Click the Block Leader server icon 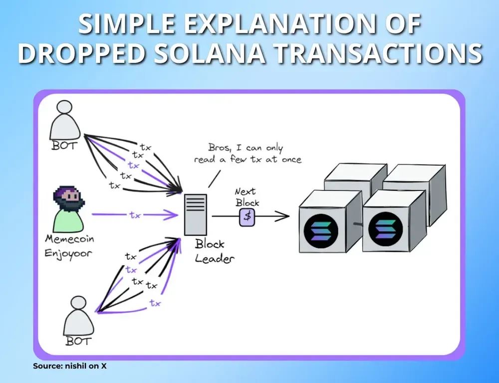[196, 214]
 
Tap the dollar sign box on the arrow [247, 216]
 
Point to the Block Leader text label [212, 251]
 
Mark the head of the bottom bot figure [79, 304]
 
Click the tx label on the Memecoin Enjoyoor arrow [135, 215]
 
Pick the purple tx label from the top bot [133, 165]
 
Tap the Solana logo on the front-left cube [321, 230]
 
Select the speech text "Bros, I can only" [245, 148]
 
